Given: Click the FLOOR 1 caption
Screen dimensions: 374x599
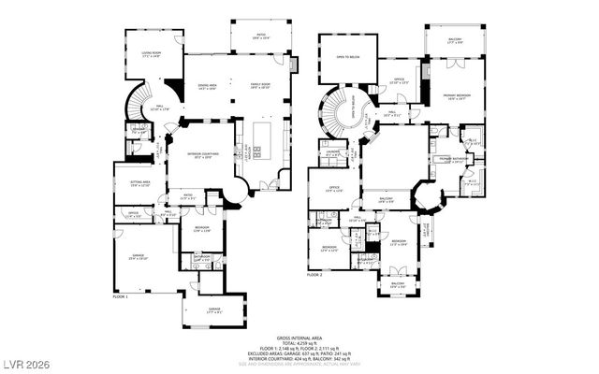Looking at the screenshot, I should pos(120,295).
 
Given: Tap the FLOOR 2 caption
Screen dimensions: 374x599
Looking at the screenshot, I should pos(314,276).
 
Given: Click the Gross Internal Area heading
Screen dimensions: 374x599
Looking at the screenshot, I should pos(299,337).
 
